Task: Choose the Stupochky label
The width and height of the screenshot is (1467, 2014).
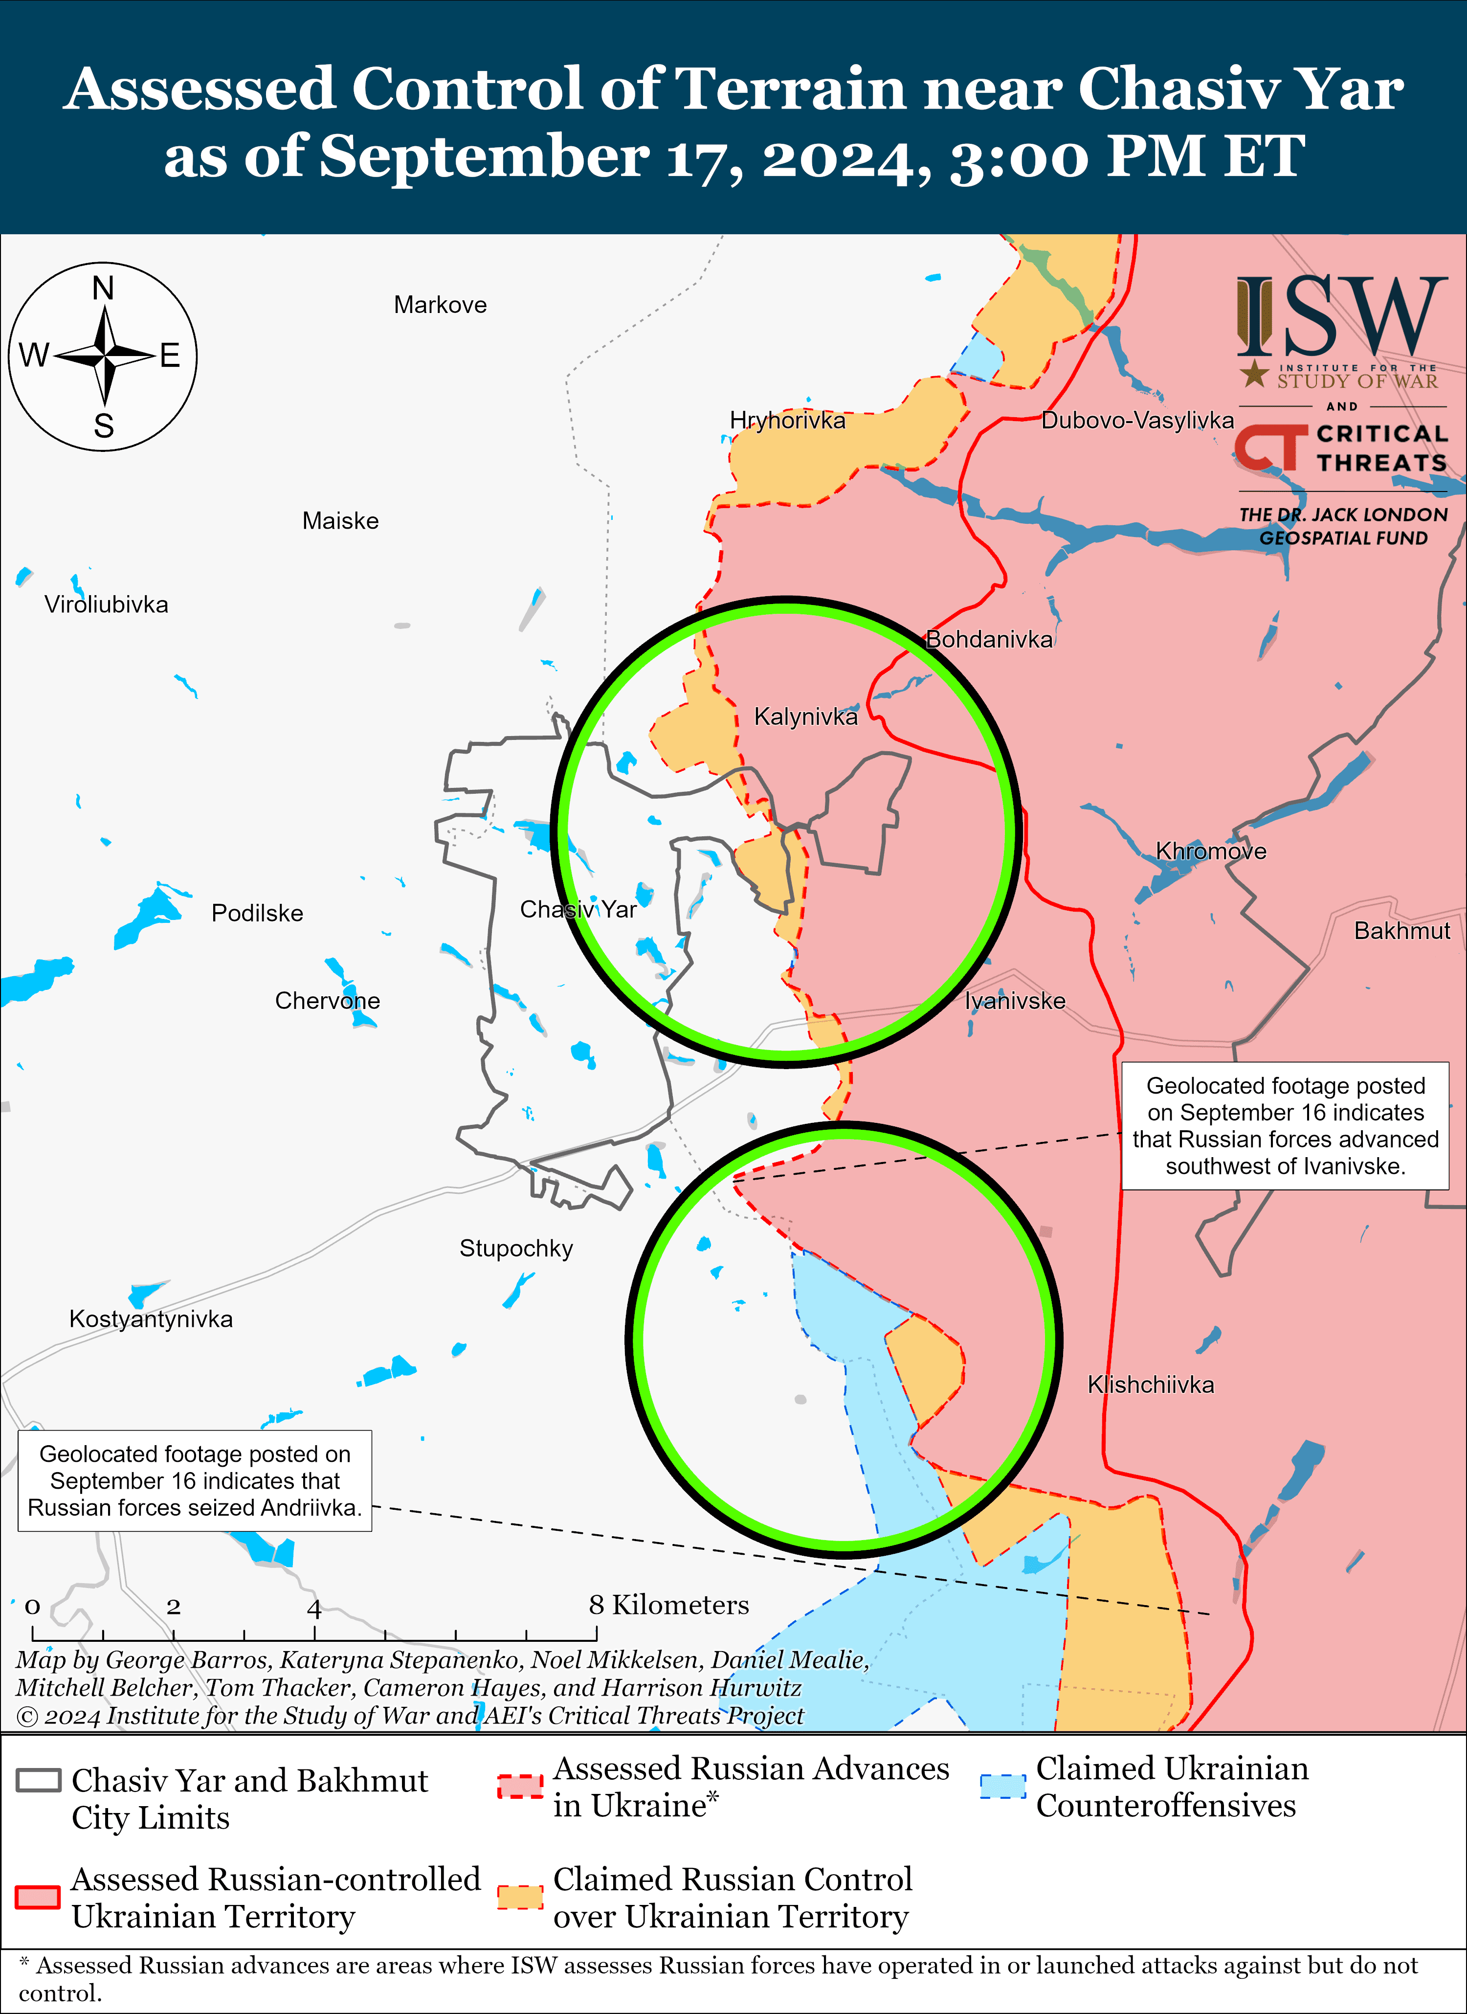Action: click(516, 1249)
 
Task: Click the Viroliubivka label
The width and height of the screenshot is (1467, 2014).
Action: click(107, 604)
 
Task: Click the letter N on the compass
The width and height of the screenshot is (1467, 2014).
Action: click(103, 289)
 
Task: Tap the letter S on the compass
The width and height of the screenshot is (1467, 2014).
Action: click(104, 426)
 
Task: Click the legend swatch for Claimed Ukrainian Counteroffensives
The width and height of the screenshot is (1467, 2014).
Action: click(1002, 1786)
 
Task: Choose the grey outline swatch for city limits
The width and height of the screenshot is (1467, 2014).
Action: click(38, 1780)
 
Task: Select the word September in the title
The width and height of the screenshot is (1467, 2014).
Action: click(483, 157)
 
